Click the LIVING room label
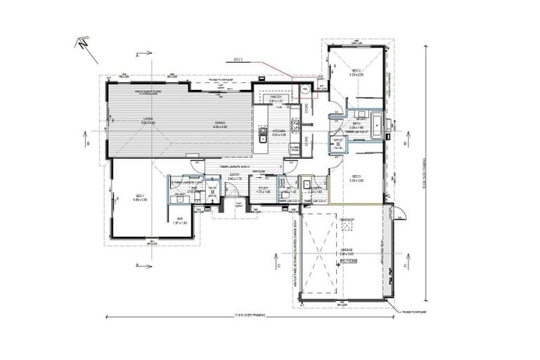[x=148, y=118]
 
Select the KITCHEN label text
[x=278, y=130]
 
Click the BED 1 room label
[x=139, y=196]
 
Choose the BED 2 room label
[x=356, y=72]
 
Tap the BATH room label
[x=356, y=122]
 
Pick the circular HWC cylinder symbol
[x=305, y=89]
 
